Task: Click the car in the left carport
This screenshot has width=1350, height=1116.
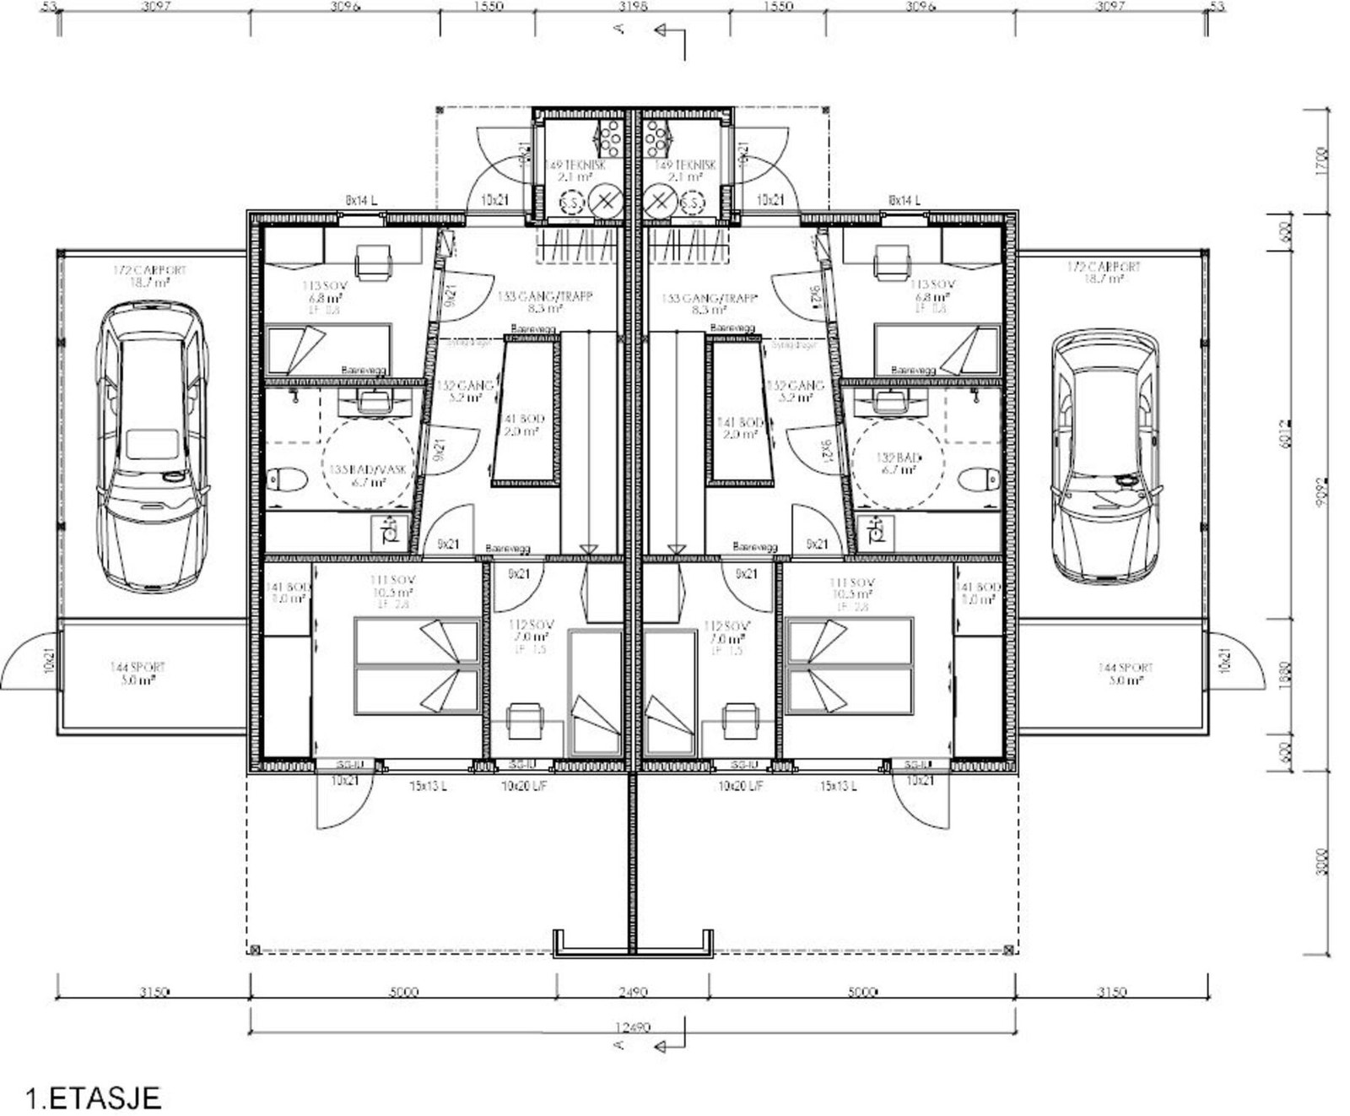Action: coord(152,447)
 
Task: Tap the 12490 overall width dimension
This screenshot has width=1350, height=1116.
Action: coord(632,1027)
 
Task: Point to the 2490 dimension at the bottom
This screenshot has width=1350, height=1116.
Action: coord(632,992)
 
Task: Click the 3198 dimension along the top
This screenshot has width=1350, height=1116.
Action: coord(633,7)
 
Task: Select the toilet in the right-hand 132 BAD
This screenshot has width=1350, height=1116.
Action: coord(980,479)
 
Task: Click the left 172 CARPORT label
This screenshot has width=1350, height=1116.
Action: coord(149,274)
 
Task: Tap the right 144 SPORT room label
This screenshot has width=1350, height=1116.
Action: coord(1126,673)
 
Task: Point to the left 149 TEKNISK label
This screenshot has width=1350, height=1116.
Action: coord(575,171)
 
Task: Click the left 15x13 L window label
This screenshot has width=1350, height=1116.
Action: coord(428,786)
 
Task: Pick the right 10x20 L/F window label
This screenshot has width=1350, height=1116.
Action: coord(740,786)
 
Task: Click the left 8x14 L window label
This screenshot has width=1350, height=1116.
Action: coord(361,200)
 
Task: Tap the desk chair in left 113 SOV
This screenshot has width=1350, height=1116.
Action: coord(373,261)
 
